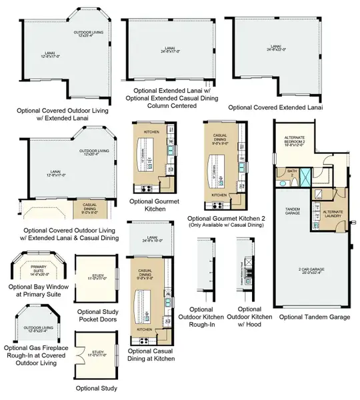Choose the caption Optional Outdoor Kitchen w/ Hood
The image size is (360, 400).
[x=249, y=318]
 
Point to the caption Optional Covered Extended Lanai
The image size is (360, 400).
[x=275, y=107]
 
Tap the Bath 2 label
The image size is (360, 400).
[x=291, y=173]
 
